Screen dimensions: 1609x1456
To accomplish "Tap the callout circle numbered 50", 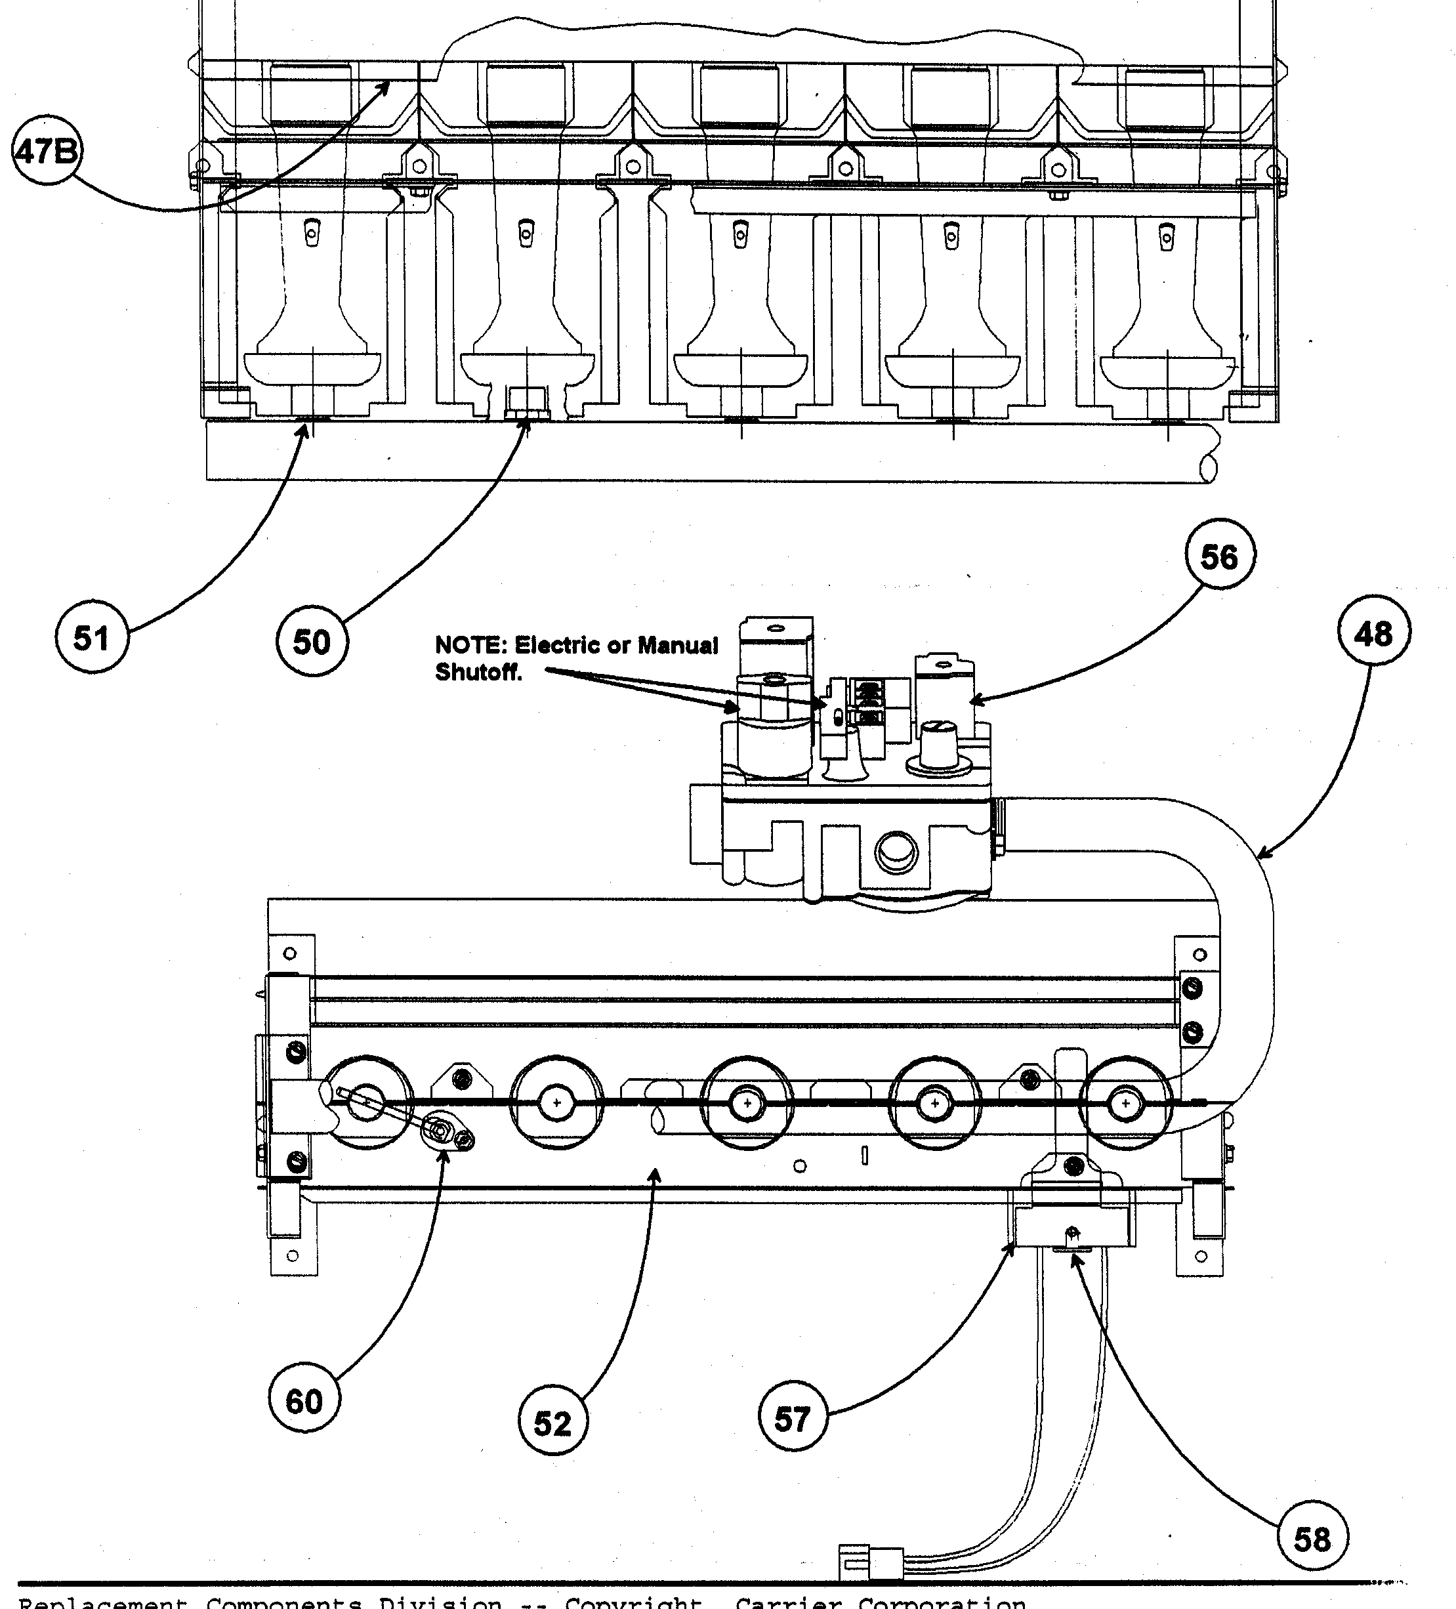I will point(311,641).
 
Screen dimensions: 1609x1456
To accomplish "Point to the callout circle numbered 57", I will point(792,1418).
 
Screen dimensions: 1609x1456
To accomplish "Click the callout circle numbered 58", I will point(1312,1538).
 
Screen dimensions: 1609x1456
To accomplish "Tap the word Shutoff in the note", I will point(478,672).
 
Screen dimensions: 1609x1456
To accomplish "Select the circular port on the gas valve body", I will point(897,853).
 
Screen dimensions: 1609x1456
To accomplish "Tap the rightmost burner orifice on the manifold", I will point(1125,1104).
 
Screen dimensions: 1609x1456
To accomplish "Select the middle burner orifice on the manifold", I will point(747,1104).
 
